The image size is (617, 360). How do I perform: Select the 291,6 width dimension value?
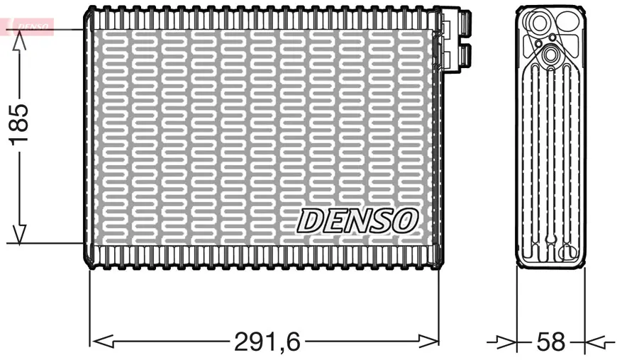[267, 342]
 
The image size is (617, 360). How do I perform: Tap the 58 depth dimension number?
[551, 342]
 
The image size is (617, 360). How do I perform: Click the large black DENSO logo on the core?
[357, 220]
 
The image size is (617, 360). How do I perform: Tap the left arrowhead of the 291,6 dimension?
[103, 342]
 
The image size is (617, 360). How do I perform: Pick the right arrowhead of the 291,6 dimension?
[428, 342]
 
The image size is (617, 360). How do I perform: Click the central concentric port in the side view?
[550, 55]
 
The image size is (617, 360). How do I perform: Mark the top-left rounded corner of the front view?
[89, 11]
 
